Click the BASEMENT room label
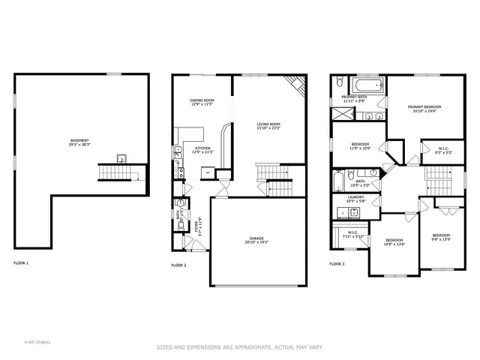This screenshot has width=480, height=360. (x=80, y=140)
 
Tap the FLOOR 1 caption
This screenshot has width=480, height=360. (x=21, y=263)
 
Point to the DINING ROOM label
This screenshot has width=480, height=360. (x=202, y=100)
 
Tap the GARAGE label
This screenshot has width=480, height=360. (x=257, y=239)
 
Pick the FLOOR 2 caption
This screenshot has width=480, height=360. (x=178, y=265)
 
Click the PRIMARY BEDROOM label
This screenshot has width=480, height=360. (x=424, y=106)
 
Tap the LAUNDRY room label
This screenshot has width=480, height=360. (x=355, y=196)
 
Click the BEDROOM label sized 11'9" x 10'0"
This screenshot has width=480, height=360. (x=360, y=144)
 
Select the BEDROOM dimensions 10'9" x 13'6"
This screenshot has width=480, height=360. (x=395, y=244)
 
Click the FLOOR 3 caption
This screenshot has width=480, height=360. (x=337, y=264)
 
